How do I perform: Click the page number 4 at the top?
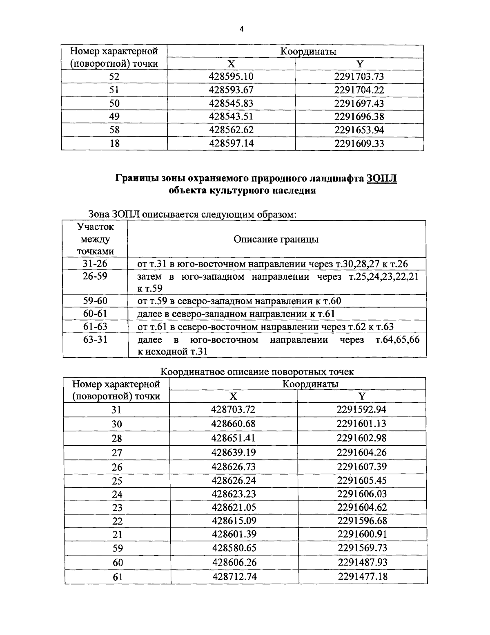pyautogui.click(x=241, y=29)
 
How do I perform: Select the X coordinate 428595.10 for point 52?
pyautogui.click(x=231, y=76)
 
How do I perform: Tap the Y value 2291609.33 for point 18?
pyautogui.click(x=359, y=144)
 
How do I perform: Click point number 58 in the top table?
pyautogui.click(x=114, y=130)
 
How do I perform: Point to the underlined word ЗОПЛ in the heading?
pyautogui.click(x=382, y=178)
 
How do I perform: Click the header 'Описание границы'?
pyautogui.click(x=276, y=239)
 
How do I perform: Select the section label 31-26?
pyautogui.click(x=95, y=264)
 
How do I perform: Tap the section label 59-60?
pyautogui.click(x=95, y=301)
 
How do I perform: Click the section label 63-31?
pyautogui.click(x=95, y=339)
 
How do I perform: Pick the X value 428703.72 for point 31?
pyautogui.click(x=233, y=409)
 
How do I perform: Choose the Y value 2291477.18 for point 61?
pyautogui.click(x=363, y=577)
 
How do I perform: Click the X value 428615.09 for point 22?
pyautogui.click(x=233, y=521)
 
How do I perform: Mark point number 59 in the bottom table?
pyautogui.click(x=117, y=548)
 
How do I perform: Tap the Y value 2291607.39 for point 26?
pyautogui.click(x=361, y=467)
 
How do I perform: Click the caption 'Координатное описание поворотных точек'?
pyautogui.click(x=257, y=372)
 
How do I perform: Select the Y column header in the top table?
pyautogui.click(x=359, y=64)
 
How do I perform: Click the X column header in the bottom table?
pyautogui.click(x=233, y=396)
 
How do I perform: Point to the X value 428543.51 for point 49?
pyautogui.click(x=231, y=117)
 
